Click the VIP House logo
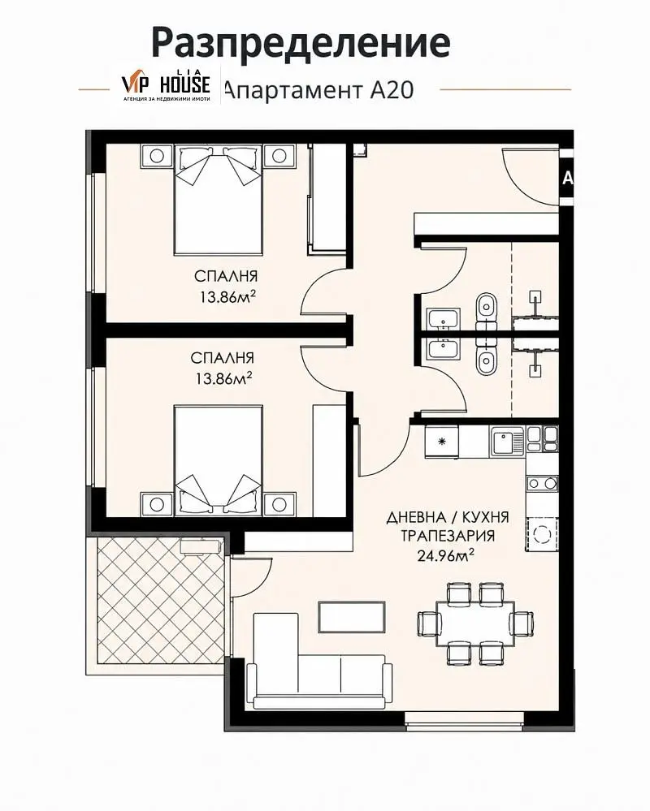(x=166, y=85)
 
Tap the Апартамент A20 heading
(x=319, y=90)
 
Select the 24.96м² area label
(x=445, y=556)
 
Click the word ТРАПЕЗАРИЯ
(x=448, y=536)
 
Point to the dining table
(x=475, y=623)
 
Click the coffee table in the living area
(x=351, y=617)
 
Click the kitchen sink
(x=507, y=441)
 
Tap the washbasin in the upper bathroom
(x=444, y=319)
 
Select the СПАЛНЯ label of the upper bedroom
(x=226, y=276)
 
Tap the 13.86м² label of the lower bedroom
(x=223, y=378)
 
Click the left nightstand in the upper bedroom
(x=156, y=156)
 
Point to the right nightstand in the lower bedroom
(x=279, y=504)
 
